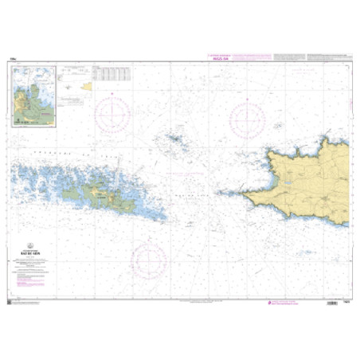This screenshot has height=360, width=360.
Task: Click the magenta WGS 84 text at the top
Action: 221,57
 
